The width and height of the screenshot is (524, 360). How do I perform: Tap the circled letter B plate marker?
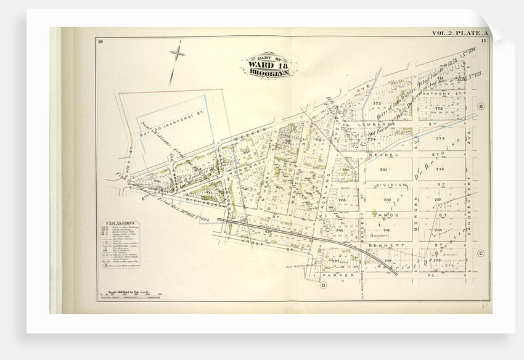481,106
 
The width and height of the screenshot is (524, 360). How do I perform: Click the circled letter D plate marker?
322,285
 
